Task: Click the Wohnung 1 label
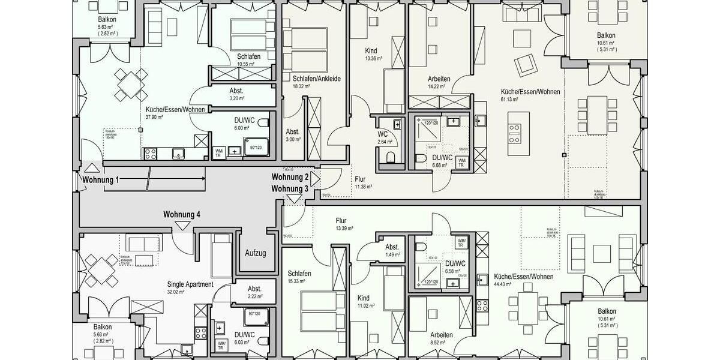tap(101, 180)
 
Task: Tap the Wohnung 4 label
tap(182, 214)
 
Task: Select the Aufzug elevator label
tap(255, 253)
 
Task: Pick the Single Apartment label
tap(190, 284)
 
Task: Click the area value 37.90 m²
tap(155, 118)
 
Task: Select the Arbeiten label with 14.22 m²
tap(439, 79)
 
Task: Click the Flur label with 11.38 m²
tap(360, 179)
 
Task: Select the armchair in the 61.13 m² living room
tap(526, 63)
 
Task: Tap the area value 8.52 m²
tap(441, 343)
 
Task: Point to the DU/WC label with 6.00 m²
tap(245, 120)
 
